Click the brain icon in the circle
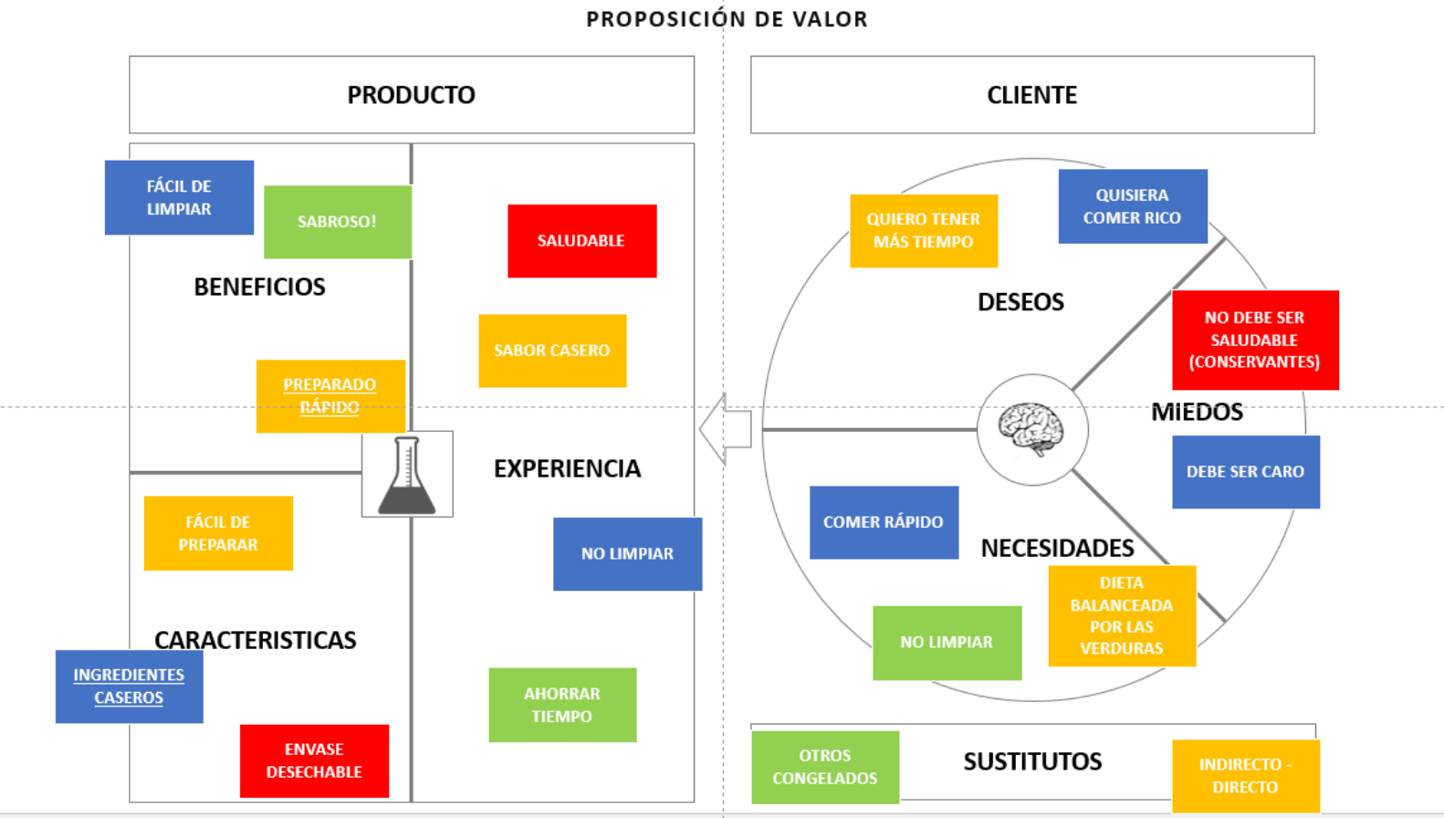[x=1031, y=428]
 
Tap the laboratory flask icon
[x=407, y=475]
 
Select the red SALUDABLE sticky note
[x=581, y=241]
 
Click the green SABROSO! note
[x=337, y=222]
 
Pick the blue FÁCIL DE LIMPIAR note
[x=179, y=197]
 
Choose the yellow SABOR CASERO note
[x=552, y=351]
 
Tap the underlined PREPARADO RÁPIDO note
[x=330, y=396]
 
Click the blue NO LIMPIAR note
[x=627, y=554]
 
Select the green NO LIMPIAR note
[x=947, y=643]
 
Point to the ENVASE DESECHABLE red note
[x=314, y=760]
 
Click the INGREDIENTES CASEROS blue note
[x=129, y=687]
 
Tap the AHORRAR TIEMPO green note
[x=562, y=705]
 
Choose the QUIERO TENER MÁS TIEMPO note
[x=923, y=231]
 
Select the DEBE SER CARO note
[x=1245, y=472]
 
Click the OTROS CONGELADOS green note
[x=825, y=767]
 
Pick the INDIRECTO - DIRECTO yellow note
[x=1245, y=776]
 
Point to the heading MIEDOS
[x=1197, y=412]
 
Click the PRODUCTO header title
[x=411, y=95]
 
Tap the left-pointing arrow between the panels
[x=725, y=429]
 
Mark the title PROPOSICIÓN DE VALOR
[x=727, y=19]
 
